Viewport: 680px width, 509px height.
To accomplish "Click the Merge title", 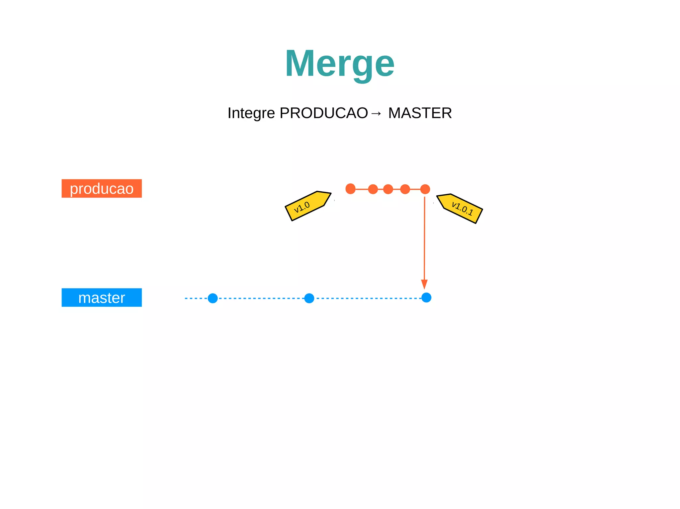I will [x=339, y=64].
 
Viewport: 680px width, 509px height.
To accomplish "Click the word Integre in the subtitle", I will [x=251, y=113].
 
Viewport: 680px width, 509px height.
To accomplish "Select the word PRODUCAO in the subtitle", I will [x=324, y=113].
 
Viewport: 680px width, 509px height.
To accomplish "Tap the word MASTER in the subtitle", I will [x=420, y=113].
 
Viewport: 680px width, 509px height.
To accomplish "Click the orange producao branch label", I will [x=102, y=188].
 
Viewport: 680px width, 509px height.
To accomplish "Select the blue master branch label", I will [x=102, y=297].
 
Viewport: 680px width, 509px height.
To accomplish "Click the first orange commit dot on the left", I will [x=350, y=189].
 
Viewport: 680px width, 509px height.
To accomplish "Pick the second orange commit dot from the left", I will [x=373, y=189].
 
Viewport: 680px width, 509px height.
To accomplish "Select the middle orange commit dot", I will [x=388, y=189].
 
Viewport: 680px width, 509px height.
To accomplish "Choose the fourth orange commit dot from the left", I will [x=405, y=189].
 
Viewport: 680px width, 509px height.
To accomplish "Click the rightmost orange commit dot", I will [x=425, y=189].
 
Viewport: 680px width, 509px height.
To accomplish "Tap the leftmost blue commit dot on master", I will [x=212, y=298].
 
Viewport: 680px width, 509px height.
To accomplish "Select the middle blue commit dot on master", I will [x=309, y=298].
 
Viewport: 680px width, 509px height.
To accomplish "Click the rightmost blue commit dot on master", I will [x=426, y=297].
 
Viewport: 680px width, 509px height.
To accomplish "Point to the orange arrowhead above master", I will [x=424, y=284].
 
